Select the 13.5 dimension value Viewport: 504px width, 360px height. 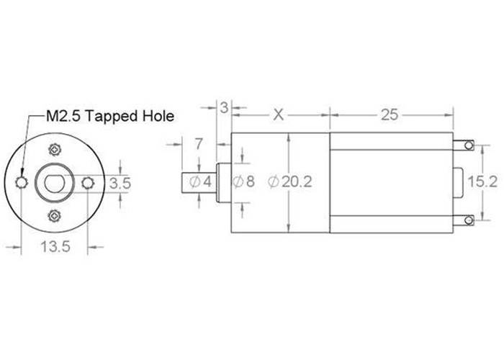click(x=55, y=248)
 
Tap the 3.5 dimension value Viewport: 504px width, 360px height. click(x=120, y=184)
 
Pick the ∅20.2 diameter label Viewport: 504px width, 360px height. click(x=289, y=182)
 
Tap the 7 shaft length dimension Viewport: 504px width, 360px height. click(x=198, y=144)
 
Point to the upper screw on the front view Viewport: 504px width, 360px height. click(x=55, y=150)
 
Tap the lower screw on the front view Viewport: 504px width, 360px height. click(x=55, y=216)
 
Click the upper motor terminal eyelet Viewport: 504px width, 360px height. click(x=469, y=146)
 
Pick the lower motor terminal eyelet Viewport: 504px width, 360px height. click(x=469, y=219)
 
